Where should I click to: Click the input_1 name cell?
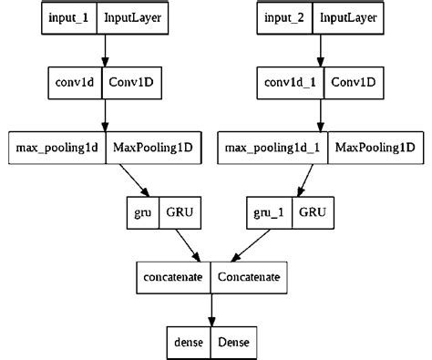point(69,19)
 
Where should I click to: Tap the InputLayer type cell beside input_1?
point(134,19)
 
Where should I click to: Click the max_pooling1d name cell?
point(56,147)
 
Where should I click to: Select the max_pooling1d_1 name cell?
point(273,147)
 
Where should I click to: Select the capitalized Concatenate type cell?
point(247,274)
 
